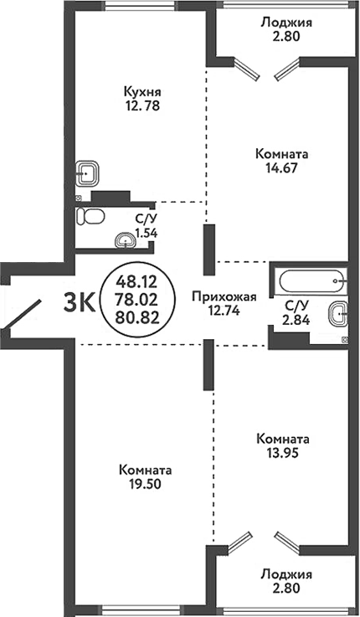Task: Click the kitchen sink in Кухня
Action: click(88, 175)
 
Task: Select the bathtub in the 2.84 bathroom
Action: click(308, 279)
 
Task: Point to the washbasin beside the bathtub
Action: click(337, 315)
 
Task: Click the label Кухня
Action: click(141, 91)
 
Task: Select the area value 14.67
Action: click(281, 167)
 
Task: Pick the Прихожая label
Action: click(223, 296)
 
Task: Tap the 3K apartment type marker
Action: click(79, 303)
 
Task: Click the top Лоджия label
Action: click(285, 23)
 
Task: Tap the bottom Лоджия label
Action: click(285, 575)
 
